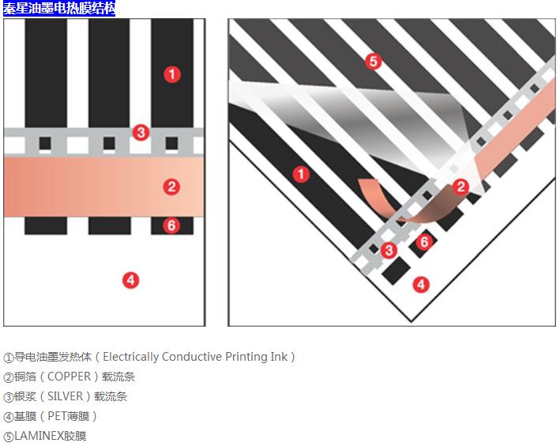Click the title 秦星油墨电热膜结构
pyautogui.click(x=58, y=9)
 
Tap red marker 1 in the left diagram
pyautogui.click(x=171, y=74)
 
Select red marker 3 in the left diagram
pyautogui.click(x=140, y=132)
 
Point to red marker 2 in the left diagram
pyautogui.click(x=171, y=187)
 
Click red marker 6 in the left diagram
pyautogui.click(x=171, y=225)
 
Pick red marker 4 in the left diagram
pyautogui.click(x=131, y=279)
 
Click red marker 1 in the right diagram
pyautogui.click(x=300, y=174)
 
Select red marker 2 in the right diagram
pyautogui.click(x=460, y=187)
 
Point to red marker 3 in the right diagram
pyautogui.click(x=389, y=250)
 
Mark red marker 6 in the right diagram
pyautogui.click(x=424, y=242)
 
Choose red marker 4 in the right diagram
pyautogui.click(x=422, y=284)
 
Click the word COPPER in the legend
pyautogui.click(x=70, y=377)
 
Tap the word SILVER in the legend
pyautogui.click(x=65, y=396)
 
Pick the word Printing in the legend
pyautogui.click(x=246, y=357)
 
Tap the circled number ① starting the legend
pyautogui.click(x=9, y=358)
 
